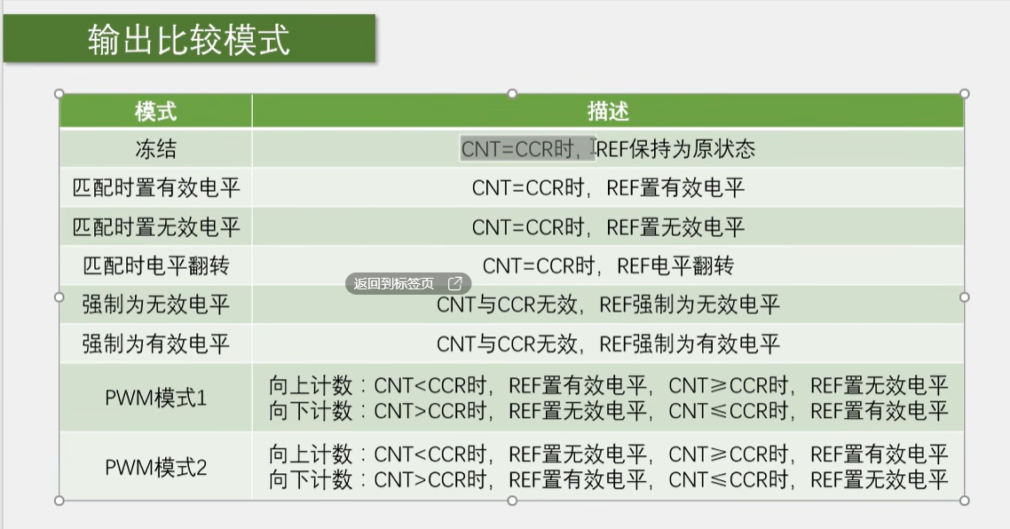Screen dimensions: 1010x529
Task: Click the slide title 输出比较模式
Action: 189,39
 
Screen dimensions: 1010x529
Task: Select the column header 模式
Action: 155,112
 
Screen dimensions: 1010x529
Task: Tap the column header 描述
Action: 607,112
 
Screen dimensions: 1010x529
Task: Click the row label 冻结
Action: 155,149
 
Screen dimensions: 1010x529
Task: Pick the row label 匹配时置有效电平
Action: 155,187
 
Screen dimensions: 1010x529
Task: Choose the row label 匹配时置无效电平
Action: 155,227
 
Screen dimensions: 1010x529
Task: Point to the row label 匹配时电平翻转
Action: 155,265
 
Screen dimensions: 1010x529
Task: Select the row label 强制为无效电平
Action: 155,304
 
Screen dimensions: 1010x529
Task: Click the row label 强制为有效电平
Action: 155,343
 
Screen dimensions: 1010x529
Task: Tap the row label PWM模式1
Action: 155,398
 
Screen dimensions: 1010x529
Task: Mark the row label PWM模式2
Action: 155,467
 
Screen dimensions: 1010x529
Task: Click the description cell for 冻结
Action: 607,149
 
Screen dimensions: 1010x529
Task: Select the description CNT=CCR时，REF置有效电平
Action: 607,187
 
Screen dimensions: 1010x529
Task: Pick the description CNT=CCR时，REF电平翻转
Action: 607,265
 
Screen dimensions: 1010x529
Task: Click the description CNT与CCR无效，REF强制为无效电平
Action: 607,304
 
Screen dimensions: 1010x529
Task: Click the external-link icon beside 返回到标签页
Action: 454,283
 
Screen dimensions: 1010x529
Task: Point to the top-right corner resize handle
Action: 964,94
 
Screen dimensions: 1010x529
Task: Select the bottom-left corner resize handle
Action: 59,501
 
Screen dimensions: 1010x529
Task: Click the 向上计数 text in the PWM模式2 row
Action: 311,454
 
